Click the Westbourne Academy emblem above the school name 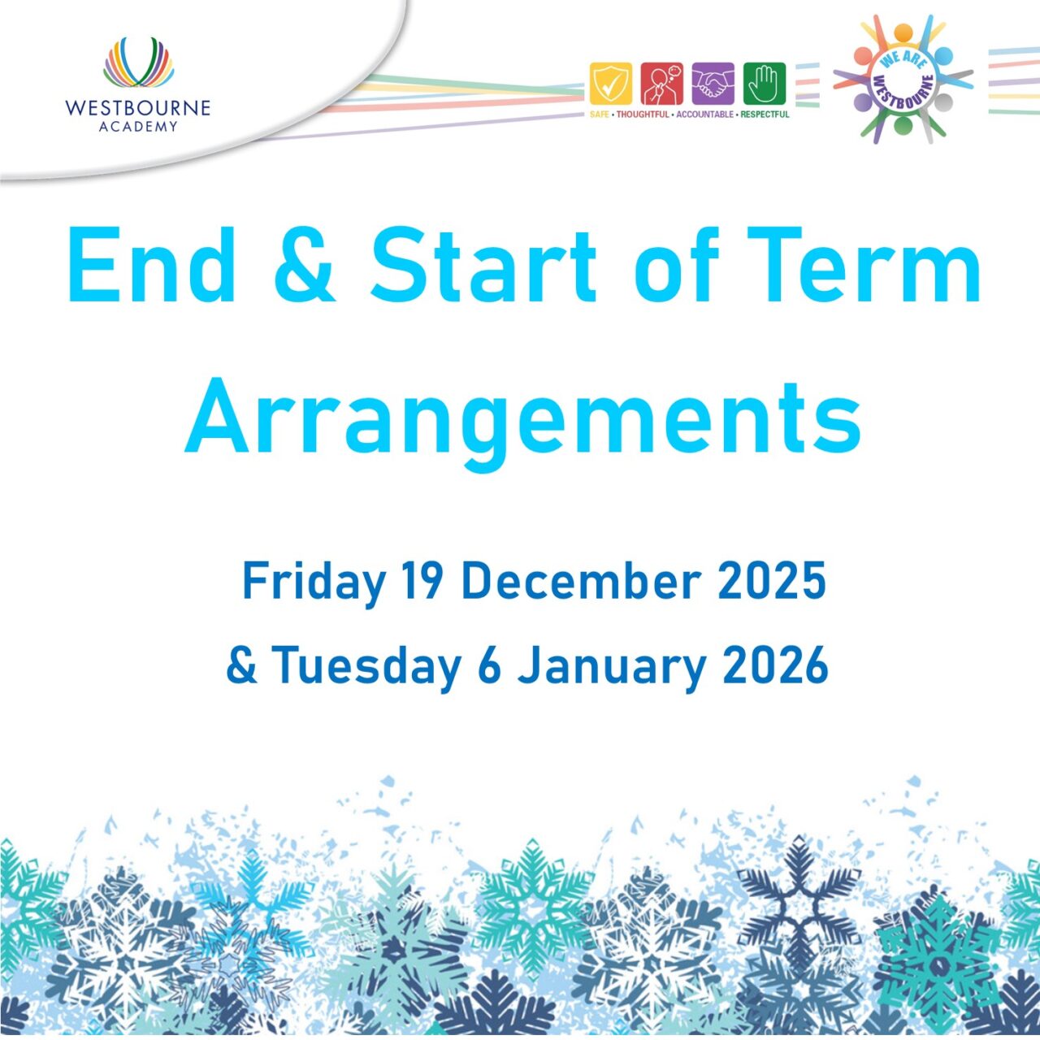click(138, 63)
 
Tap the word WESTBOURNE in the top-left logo click(137, 108)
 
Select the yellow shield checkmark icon click(610, 84)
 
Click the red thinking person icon click(661, 84)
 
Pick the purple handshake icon click(713, 84)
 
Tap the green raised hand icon click(765, 84)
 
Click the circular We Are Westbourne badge click(903, 80)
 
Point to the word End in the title click(151, 266)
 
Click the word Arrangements click(523, 420)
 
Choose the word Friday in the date click(314, 582)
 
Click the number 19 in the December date click(422, 582)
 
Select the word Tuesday click(366, 666)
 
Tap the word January click(612, 666)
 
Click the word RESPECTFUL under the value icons click(765, 115)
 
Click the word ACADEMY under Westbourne click(137, 127)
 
